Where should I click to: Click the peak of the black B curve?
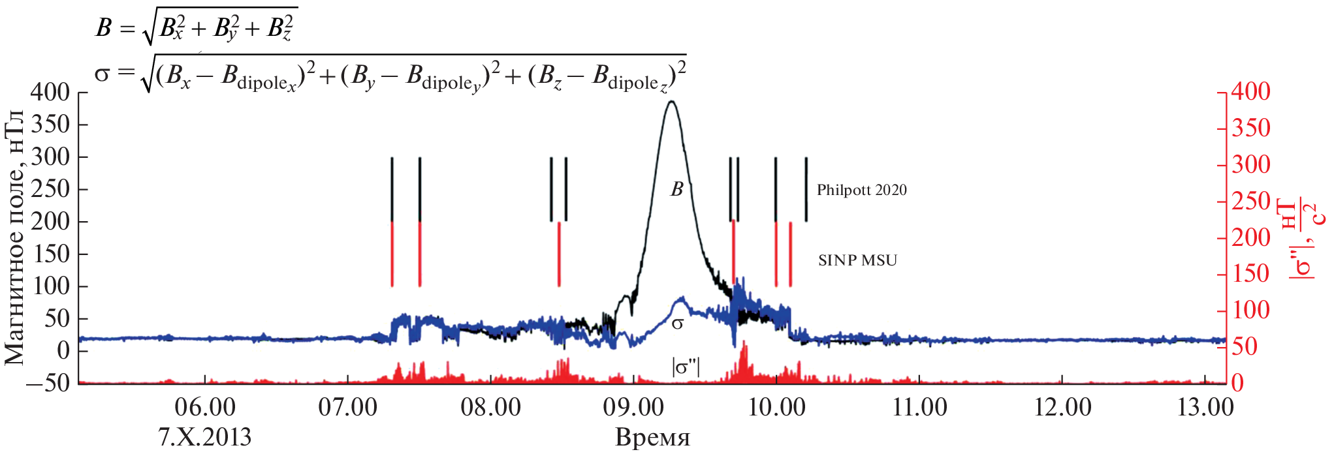pos(671,102)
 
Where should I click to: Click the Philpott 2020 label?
pos(861,190)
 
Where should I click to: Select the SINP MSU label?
pos(857,260)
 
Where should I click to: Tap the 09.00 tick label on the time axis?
pos(633,408)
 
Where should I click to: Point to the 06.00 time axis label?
pos(205,408)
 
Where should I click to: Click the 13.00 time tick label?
pos(1205,408)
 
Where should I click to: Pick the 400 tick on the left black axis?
pos(50,92)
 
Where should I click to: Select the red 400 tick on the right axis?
pos(1251,92)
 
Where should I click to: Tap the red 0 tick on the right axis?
pos(1237,383)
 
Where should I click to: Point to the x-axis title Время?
pos(652,437)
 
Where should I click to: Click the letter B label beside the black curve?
pos(677,189)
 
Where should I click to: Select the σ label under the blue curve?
pos(678,323)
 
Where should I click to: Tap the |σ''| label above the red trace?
pos(685,367)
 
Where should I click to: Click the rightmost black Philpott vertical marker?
pos(806,189)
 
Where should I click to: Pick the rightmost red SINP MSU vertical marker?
pos(790,254)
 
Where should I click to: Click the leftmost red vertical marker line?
pos(392,254)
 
